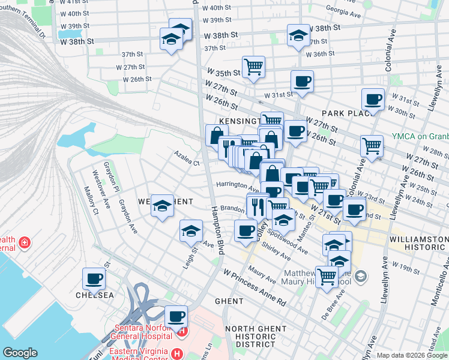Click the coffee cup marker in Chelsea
94,279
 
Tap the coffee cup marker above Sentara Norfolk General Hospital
176,317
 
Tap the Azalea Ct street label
187,161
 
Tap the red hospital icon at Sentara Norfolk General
182,330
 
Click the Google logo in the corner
20,353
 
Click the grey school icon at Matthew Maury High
360,276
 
